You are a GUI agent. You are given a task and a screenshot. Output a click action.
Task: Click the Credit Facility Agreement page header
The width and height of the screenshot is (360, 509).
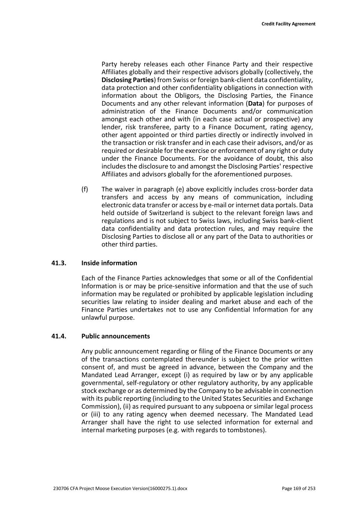(288, 24)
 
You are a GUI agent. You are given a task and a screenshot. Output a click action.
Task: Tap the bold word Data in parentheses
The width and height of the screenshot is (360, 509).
(255, 104)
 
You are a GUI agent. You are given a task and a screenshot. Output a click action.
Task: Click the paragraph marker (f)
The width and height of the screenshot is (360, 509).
(85, 189)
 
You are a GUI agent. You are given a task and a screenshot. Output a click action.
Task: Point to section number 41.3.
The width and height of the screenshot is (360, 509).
(59, 263)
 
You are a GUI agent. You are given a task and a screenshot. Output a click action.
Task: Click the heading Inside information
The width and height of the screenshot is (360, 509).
(109, 263)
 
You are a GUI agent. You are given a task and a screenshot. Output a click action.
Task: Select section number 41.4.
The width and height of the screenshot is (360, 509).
(59, 336)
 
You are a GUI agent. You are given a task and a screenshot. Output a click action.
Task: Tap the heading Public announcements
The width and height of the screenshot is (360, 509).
(116, 336)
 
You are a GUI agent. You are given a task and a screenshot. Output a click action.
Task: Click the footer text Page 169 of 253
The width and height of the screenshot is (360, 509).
(298, 488)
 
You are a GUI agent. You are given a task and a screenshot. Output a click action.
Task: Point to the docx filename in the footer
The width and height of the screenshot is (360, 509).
(120, 488)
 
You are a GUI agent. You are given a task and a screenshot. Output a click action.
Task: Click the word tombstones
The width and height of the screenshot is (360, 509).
(247, 430)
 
